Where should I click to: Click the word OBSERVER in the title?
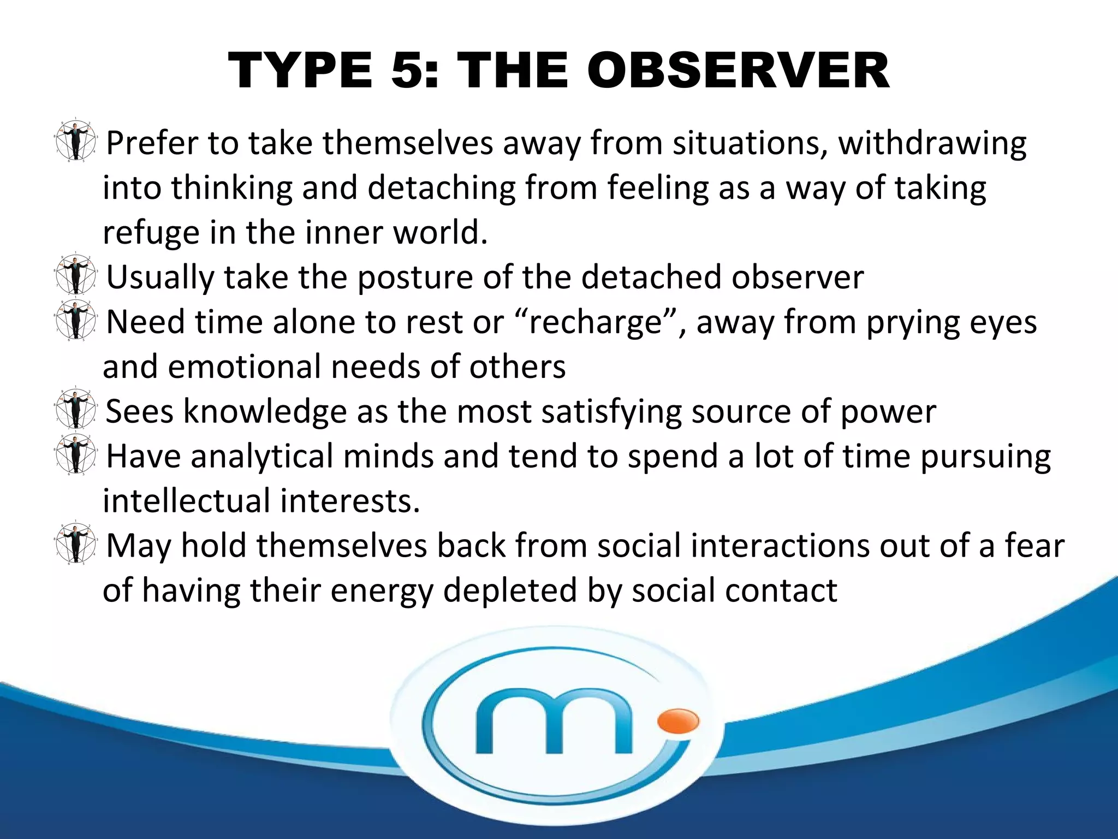point(738,71)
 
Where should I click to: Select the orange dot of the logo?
point(678,721)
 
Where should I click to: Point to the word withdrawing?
point(932,144)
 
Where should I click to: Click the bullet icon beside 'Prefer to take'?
point(75,141)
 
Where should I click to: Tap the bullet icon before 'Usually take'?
point(75,275)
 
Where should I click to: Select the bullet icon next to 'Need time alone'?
point(75,320)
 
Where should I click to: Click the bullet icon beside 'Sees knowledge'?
point(75,409)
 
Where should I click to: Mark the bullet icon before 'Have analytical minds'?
point(75,454)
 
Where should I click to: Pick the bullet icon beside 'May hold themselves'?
point(75,543)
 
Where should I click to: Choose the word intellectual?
point(186,501)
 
